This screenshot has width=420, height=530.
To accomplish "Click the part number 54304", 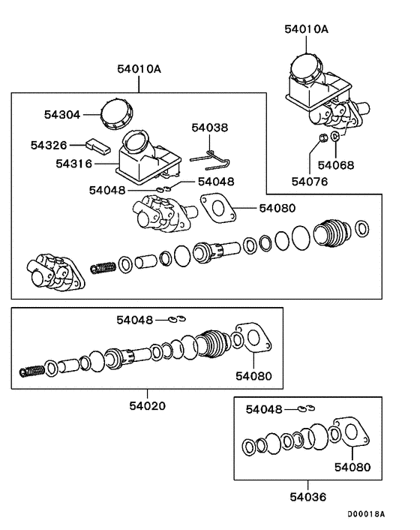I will click(x=61, y=115).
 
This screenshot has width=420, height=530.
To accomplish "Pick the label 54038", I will click(x=209, y=128).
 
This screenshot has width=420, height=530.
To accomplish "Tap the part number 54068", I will click(x=336, y=164).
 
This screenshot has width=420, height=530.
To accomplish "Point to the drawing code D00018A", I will click(x=365, y=514).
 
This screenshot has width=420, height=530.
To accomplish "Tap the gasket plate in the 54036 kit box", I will click(x=346, y=435).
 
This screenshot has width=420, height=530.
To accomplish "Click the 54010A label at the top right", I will click(x=306, y=29).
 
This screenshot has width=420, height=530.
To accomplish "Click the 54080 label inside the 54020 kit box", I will click(x=253, y=376).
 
